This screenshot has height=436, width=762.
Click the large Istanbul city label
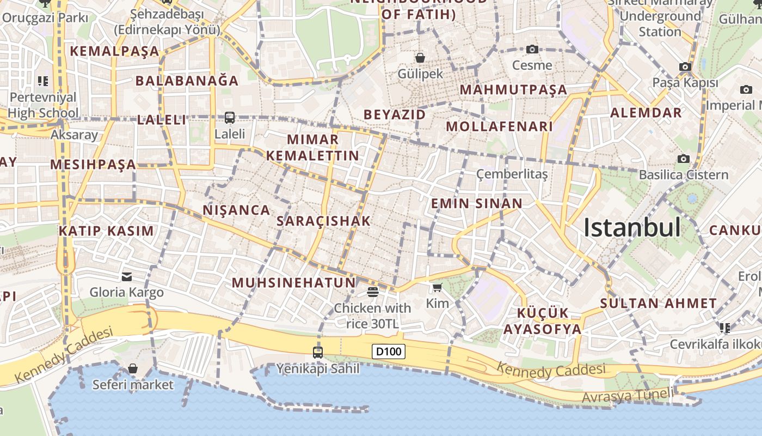632,227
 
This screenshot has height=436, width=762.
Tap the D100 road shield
389,352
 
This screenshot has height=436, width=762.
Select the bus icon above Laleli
230,117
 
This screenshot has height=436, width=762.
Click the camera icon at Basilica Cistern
684,159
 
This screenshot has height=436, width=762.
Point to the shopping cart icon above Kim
437,287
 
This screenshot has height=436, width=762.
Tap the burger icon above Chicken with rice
373,292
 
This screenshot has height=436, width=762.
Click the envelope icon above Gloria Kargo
127,277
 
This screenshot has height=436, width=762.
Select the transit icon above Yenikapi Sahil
318,352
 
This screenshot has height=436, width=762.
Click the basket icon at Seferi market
133,369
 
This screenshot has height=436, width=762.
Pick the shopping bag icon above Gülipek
420,57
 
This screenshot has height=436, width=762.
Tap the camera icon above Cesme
532,50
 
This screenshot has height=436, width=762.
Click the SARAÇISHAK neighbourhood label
323,221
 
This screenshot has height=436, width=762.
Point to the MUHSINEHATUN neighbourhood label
293,283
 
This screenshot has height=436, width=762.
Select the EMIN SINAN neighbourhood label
476,204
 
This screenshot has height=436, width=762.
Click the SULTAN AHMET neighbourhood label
658,304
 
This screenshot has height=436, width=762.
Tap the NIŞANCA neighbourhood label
236,210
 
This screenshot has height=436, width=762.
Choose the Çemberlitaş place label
512,174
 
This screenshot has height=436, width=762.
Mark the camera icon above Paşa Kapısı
685,67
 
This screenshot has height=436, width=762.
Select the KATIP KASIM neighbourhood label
106,231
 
